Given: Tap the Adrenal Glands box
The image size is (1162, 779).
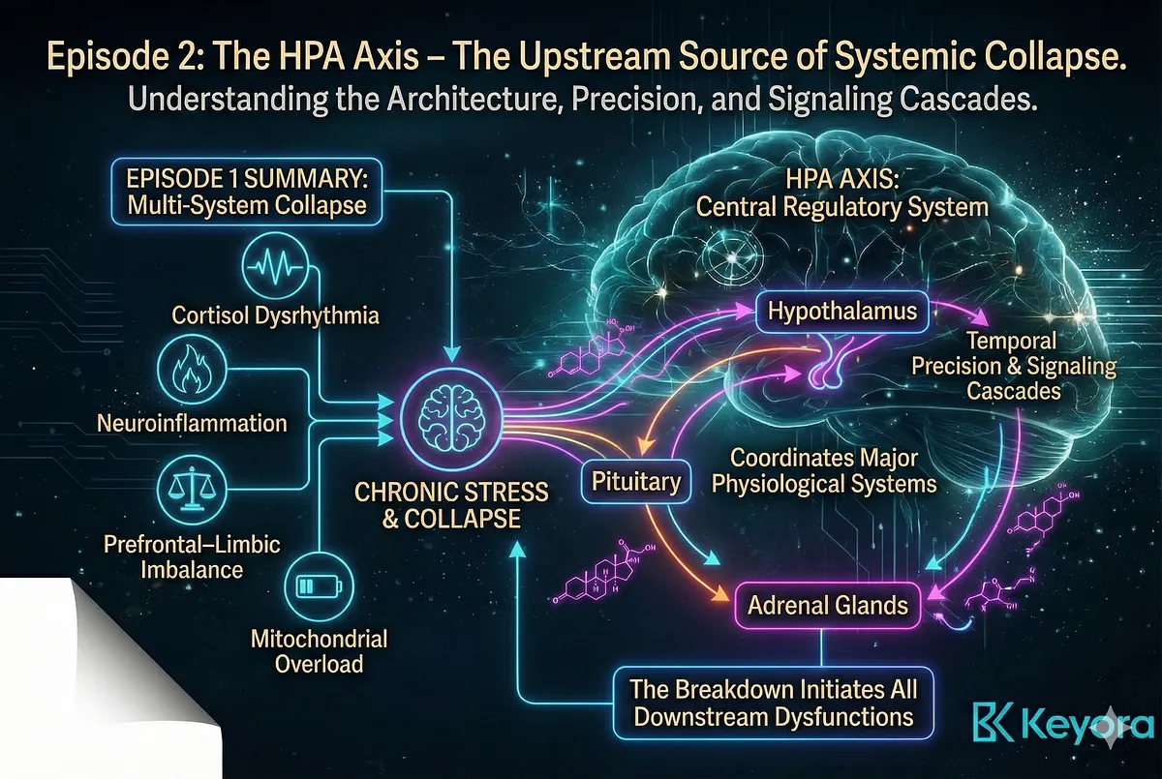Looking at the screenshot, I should [x=827, y=607].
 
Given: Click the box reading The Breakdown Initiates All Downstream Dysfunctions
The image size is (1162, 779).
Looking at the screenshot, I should [x=772, y=704].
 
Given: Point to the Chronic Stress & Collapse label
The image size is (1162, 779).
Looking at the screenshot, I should [x=451, y=504].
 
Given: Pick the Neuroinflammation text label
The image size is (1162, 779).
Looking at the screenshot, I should [x=192, y=423].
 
